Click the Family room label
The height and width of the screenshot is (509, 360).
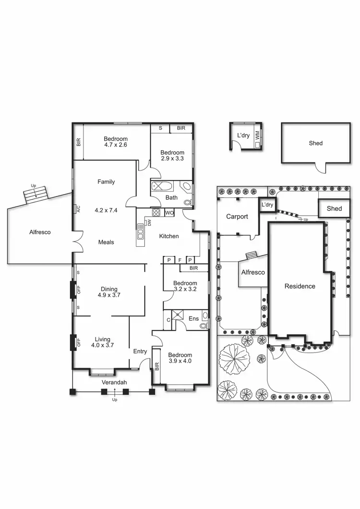pyautogui.click(x=106, y=182)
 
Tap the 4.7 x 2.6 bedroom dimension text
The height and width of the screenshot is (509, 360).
pyautogui.click(x=115, y=145)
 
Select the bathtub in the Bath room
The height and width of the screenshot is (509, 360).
pyautogui.click(x=163, y=187)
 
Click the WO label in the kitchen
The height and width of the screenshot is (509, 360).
pyautogui.click(x=169, y=212)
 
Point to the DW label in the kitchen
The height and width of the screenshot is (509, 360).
pyautogui.click(x=149, y=222)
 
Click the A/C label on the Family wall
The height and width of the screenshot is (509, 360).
pyautogui.click(x=77, y=209)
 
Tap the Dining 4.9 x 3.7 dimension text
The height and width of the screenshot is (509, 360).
pyautogui.click(x=109, y=295)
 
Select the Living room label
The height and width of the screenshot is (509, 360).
pyautogui.click(x=102, y=339)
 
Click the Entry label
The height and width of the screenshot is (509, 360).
pyautogui.click(x=140, y=351)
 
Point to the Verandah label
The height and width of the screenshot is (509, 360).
pyautogui.click(x=114, y=382)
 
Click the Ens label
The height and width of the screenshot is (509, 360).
pyautogui.click(x=193, y=318)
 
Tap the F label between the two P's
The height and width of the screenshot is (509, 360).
pyautogui.click(x=180, y=260)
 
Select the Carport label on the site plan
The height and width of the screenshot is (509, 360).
pyautogui.click(x=237, y=217)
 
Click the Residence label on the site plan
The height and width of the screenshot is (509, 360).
pyautogui.click(x=300, y=286)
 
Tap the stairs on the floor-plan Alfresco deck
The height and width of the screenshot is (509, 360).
pyautogui.click(x=36, y=193)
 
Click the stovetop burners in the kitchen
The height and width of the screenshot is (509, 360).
pyautogui.click(x=156, y=212)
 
